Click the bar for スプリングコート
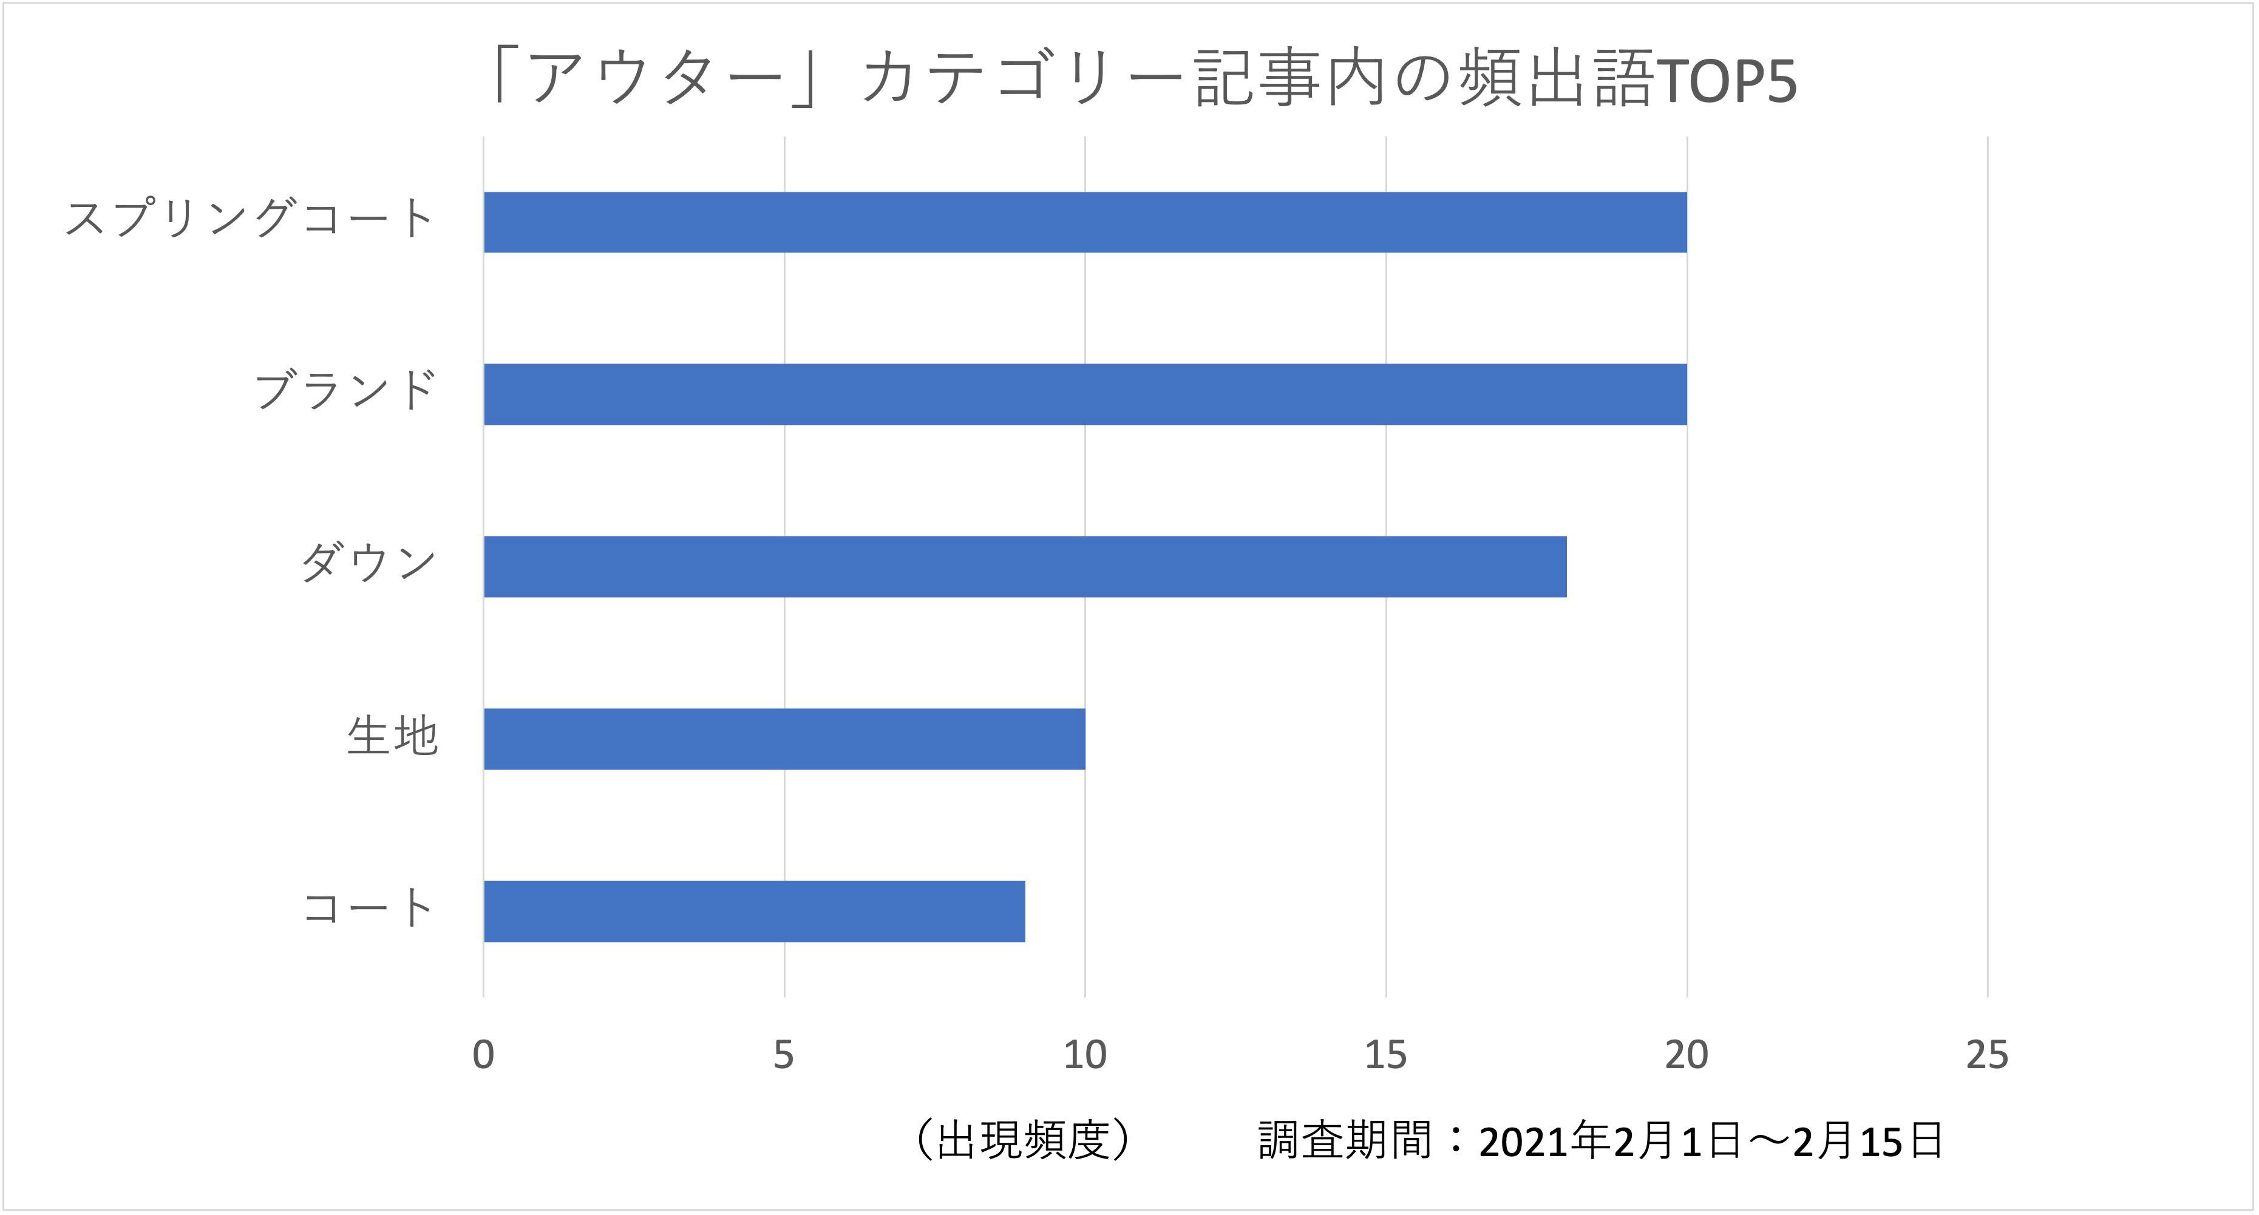(x=1085, y=223)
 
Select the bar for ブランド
(x=1085, y=394)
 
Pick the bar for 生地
(x=784, y=739)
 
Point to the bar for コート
(x=754, y=912)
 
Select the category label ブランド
(x=345, y=391)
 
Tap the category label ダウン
(x=369, y=563)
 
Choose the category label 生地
(x=392, y=736)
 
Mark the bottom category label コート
(x=369, y=908)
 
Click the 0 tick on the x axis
(x=483, y=1055)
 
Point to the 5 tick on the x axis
(x=784, y=1055)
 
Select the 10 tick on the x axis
(x=1085, y=1055)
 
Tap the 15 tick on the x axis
(x=1385, y=1055)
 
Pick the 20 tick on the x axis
(x=1687, y=1055)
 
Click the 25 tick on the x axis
(x=1987, y=1055)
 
